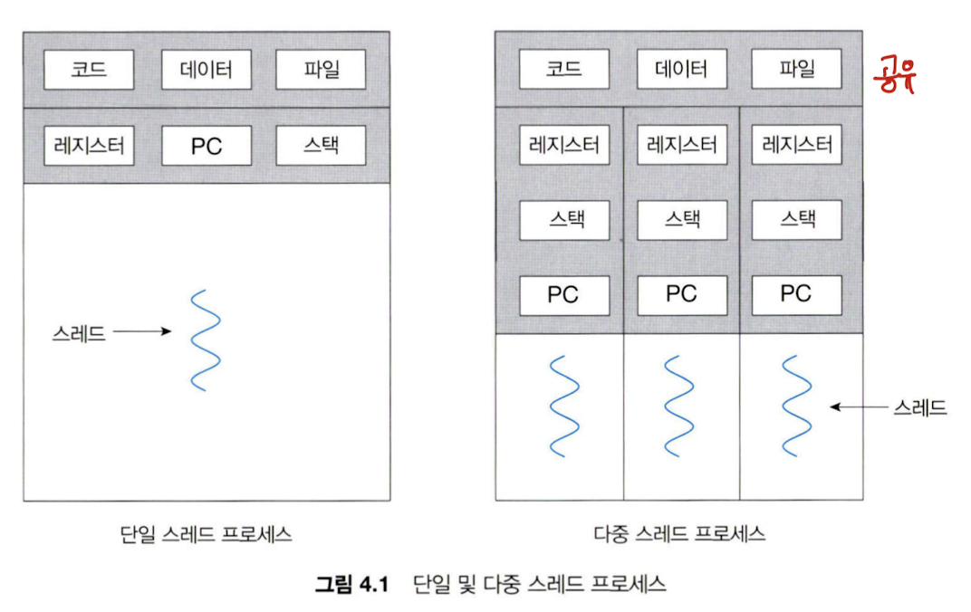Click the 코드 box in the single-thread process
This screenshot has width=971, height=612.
tap(89, 70)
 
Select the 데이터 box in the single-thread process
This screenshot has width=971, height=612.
tap(207, 70)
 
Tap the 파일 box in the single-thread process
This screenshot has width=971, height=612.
tap(321, 70)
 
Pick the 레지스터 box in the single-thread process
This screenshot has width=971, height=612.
tap(89, 146)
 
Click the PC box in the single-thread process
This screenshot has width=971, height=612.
tap(207, 146)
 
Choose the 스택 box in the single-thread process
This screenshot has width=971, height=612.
tap(321, 146)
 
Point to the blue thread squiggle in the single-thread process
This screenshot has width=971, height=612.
tap(206, 339)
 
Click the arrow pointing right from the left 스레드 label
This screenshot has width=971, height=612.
tap(142, 332)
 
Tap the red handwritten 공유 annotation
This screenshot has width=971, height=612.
tap(895, 76)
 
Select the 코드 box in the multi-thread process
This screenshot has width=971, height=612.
tap(563, 69)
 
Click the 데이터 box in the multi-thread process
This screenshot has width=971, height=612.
tap(681, 69)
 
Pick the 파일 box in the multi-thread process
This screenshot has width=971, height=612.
tap(796, 69)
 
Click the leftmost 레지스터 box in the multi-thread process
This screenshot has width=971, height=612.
tap(563, 146)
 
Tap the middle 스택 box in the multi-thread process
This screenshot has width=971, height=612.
tap(681, 219)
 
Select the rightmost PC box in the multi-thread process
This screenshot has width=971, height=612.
tap(796, 294)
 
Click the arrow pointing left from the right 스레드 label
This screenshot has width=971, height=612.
tap(858, 407)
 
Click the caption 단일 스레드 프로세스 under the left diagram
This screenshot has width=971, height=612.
tap(206, 533)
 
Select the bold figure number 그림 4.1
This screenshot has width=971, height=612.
tap(351, 583)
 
